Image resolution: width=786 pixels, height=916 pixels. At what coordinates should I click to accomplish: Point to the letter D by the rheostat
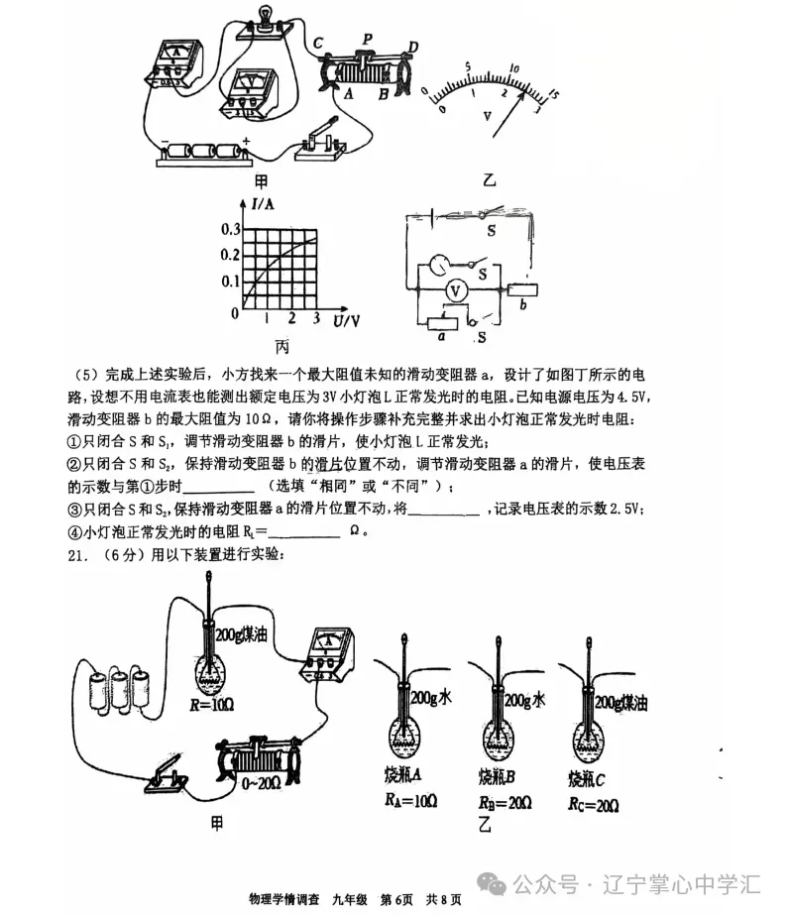coord(412,48)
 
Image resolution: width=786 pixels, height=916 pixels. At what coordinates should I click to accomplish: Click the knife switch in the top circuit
coord(323,142)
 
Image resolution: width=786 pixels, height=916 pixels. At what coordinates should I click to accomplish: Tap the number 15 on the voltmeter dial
coord(551,94)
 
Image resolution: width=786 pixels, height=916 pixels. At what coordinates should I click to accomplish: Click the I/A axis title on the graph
coord(263,206)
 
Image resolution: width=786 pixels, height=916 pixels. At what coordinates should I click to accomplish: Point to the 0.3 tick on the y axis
coord(229,229)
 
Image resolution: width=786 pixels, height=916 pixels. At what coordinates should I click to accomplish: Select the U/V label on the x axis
coord(346,320)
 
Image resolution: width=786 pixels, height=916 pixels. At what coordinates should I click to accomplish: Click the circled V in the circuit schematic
coord(455,290)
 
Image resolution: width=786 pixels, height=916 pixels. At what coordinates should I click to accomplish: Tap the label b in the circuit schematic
coord(522,307)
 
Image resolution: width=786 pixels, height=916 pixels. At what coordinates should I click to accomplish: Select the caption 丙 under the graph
coord(282,347)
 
